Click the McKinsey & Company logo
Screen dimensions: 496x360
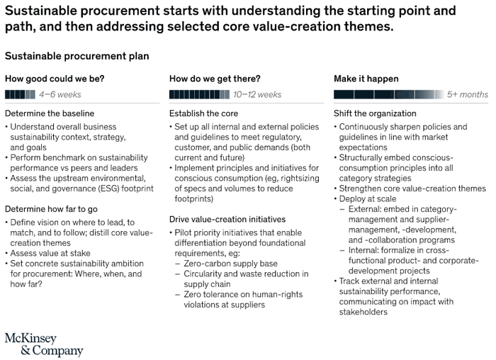[x=44, y=344]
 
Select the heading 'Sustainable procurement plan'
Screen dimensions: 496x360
[x=77, y=56]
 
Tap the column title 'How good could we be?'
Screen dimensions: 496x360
[x=55, y=79]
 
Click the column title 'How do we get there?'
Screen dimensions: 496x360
[x=215, y=79]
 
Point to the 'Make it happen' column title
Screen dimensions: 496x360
[x=366, y=79]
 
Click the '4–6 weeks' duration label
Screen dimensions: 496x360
[x=60, y=94]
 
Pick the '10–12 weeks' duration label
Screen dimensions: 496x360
[x=257, y=94]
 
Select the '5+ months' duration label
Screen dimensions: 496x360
[x=468, y=94]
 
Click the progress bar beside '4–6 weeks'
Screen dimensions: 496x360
[x=20, y=94]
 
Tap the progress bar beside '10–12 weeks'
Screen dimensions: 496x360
[x=199, y=94]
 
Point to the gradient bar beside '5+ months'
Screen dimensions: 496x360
[x=389, y=94]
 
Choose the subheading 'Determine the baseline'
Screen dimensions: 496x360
[x=50, y=113]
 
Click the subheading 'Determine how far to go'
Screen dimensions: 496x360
[x=51, y=209]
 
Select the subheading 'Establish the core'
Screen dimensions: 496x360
[x=204, y=113]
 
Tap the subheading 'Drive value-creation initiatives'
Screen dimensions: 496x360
[x=227, y=219]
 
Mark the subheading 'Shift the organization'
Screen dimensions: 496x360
[x=375, y=113]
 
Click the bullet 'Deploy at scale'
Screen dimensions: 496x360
[x=366, y=198]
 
